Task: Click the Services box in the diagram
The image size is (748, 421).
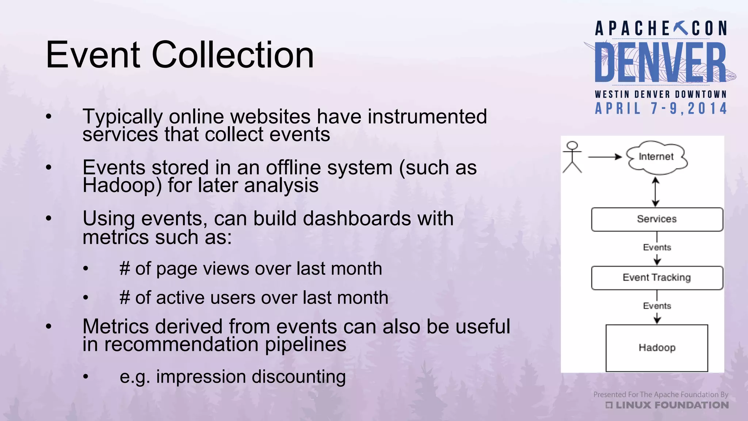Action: coord(657,219)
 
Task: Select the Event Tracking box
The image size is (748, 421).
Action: coord(657,278)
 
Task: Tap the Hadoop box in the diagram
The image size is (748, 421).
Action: coord(657,348)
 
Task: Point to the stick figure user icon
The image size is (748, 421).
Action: coord(572,157)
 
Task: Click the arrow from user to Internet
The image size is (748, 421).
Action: coord(604,157)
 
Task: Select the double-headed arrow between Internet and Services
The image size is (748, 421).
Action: coord(656,192)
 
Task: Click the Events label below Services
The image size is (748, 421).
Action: coord(657,247)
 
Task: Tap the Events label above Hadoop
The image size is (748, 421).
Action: coord(657,306)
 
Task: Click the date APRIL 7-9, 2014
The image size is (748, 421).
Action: coord(661,109)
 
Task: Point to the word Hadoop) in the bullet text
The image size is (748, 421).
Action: coord(122,185)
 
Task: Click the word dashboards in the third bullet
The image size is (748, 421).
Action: coord(357,219)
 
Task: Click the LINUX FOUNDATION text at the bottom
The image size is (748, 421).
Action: coord(671,405)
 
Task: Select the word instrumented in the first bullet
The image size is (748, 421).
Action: coord(427,117)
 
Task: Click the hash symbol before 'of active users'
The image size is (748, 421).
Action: coord(125,297)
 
